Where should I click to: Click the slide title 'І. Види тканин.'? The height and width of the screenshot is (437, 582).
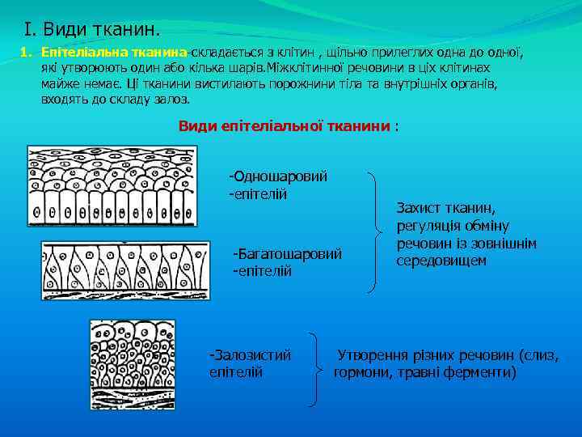coord(93,30)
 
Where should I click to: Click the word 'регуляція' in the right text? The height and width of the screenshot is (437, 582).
coord(428,226)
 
